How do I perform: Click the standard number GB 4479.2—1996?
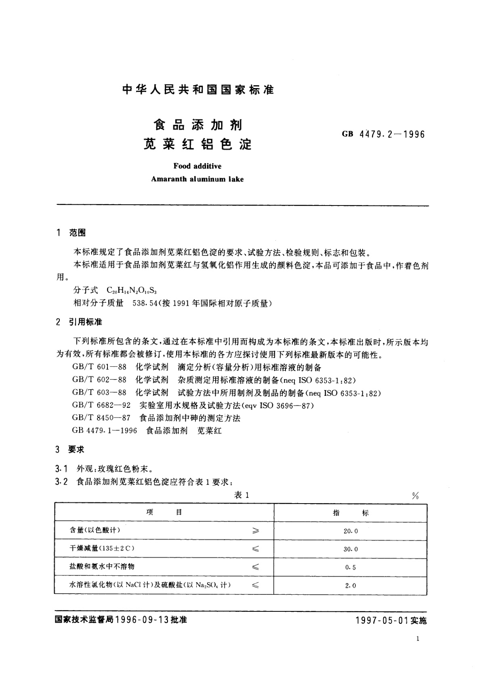383,134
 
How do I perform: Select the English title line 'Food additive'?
197,166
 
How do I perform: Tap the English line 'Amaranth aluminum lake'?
197,179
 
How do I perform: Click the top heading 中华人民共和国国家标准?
198,90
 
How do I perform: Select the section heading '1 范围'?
71,233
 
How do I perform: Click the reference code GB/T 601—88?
99,367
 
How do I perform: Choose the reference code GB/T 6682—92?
101,405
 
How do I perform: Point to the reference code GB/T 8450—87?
101,418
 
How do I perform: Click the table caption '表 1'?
242,495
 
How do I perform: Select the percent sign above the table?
415,496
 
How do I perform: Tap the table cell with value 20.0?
351,531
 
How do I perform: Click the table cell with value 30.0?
351,549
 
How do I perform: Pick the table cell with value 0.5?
351,567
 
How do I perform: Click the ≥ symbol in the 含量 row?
255,531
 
